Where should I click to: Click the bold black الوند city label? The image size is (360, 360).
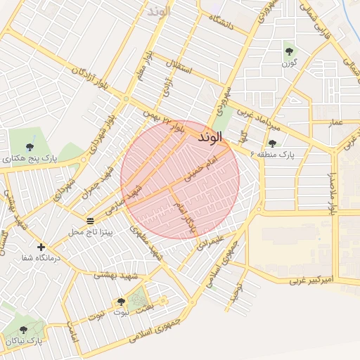[x=211, y=134]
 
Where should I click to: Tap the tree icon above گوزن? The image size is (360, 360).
[x=288, y=50]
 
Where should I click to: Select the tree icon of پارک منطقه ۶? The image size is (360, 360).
[x=272, y=143]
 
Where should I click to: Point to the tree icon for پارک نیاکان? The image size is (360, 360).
[x=23, y=330]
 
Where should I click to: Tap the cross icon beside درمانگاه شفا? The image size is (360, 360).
[x=41, y=247]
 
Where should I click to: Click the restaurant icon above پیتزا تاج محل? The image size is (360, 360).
[x=90, y=221]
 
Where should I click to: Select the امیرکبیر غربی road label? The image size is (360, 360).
[x=314, y=280]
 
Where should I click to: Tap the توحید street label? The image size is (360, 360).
[x=238, y=288]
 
